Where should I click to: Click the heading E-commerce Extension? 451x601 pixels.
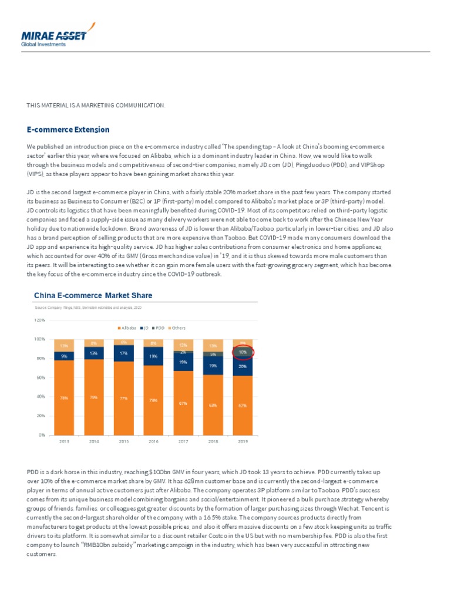(x=68, y=129)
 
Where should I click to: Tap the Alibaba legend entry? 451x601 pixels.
(x=127, y=327)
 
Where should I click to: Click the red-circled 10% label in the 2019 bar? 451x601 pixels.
(x=243, y=352)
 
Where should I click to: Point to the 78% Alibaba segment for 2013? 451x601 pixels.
(x=63, y=397)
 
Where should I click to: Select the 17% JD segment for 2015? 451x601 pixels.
(x=124, y=353)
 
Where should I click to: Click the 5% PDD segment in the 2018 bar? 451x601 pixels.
(x=213, y=354)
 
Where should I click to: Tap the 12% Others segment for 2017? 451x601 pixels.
(x=183, y=345)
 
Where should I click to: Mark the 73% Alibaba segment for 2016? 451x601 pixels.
(x=153, y=400)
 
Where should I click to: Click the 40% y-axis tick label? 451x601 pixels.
(x=40, y=396)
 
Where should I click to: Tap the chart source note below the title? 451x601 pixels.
(x=87, y=308)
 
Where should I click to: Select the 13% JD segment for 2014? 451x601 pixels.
(x=94, y=353)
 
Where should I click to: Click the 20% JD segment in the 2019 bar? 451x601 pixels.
(x=243, y=366)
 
